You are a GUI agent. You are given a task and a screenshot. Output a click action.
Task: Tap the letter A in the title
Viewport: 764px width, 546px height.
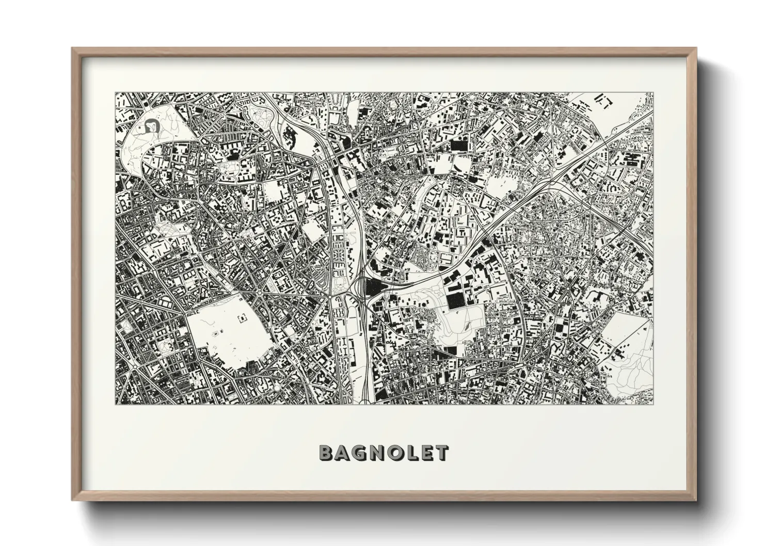tap(344, 453)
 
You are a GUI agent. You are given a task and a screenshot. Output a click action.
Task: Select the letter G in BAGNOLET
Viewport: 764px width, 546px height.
tap(362, 453)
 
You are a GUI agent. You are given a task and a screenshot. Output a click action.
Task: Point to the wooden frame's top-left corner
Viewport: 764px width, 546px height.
tap(73, 49)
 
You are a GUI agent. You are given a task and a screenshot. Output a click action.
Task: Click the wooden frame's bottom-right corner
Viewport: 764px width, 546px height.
tap(695, 500)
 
